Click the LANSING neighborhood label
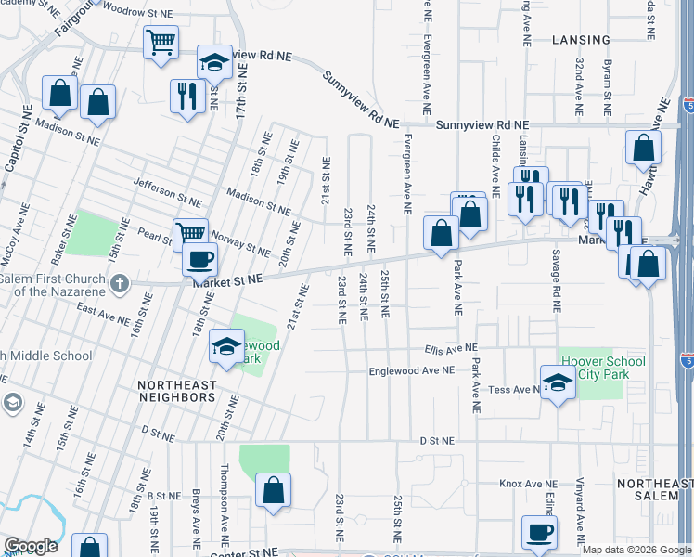pyautogui.click(x=581, y=40)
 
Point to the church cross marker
pyautogui.click(x=119, y=282)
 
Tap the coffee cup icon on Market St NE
pyautogui.click(x=199, y=260)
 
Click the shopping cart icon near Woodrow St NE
pyautogui.click(x=161, y=42)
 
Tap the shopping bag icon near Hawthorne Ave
pyautogui.click(x=643, y=148)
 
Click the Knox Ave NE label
pyautogui.click(x=527, y=484)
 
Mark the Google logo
pyautogui.click(x=32, y=546)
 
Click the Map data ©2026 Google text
pyautogui.click(x=637, y=550)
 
